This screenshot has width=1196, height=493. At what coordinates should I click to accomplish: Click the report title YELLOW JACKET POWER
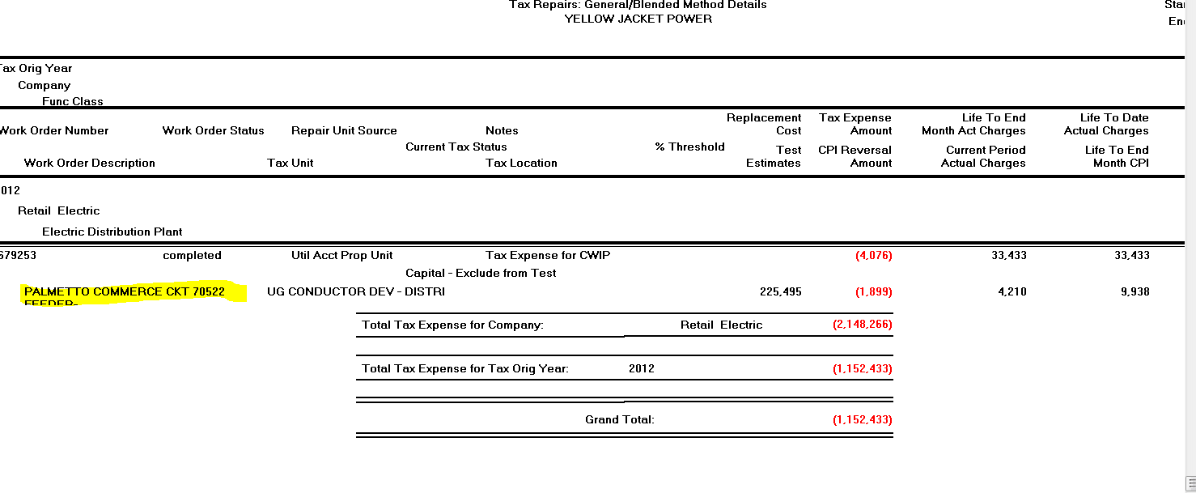638,19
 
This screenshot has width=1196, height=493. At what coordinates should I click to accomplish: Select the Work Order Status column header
213,130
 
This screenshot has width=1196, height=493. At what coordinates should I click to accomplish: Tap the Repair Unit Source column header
344,130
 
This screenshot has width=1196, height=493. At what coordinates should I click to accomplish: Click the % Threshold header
689,147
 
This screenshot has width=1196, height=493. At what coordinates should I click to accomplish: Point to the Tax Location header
521,163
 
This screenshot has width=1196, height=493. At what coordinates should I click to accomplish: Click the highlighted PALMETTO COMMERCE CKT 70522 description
125,291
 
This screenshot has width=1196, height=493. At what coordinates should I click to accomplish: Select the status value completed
192,255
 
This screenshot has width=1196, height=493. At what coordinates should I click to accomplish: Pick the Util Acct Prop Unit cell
341,255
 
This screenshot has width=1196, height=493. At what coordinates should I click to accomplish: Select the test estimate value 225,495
780,291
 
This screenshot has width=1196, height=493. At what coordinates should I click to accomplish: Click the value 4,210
1012,291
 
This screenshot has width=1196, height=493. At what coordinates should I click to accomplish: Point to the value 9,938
1135,291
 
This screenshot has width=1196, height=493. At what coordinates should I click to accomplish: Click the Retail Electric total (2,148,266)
862,325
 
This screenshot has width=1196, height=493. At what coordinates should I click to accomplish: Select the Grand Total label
619,419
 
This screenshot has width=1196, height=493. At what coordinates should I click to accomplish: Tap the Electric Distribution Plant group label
112,232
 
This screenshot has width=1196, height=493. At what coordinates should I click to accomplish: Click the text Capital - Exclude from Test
481,273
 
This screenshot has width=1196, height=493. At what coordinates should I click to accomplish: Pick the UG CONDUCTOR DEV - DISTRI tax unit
356,291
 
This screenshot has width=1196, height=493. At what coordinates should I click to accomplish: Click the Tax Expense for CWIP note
548,255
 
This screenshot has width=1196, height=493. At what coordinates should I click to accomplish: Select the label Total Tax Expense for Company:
452,325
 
